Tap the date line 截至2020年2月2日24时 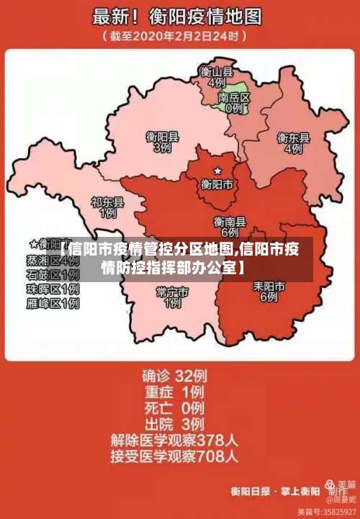177,35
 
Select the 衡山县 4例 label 216,77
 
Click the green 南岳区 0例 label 234,102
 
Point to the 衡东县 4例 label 293,143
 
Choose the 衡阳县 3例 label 162,141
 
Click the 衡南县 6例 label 230,227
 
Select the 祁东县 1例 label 107,208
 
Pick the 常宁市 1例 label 172,297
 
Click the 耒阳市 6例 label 269,291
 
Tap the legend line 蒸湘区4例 52,260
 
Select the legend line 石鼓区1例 52,275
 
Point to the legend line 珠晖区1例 52,289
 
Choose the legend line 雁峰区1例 52,304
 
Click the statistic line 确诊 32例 174,375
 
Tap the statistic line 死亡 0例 174,407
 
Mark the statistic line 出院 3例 174,423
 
